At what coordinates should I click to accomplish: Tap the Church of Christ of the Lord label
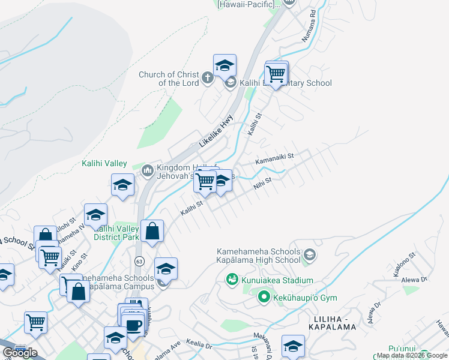click(x=169, y=79)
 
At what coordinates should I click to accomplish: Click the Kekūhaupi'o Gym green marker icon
click(x=263, y=297)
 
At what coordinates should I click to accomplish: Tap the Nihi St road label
click(x=262, y=182)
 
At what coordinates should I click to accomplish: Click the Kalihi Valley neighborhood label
click(x=104, y=163)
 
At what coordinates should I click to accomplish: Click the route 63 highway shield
click(x=139, y=261)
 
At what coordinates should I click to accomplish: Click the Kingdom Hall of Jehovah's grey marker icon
click(x=147, y=172)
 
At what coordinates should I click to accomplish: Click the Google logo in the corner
click(x=20, y=352)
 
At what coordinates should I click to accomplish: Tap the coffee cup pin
click(x=133, y=326)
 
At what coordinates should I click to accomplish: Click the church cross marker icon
click(x=207, y=78)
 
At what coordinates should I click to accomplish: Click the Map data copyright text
click(x=412, y=356)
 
